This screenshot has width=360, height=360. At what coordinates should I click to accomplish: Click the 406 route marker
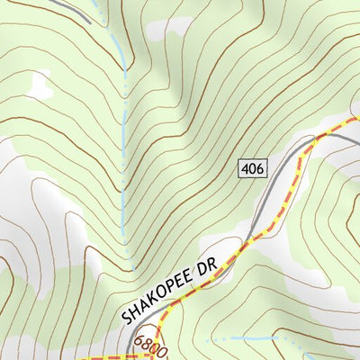point(252,167)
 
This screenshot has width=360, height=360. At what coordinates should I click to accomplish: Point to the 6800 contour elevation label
point(152,346)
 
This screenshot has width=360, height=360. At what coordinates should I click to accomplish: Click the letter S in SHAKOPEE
point(124,318)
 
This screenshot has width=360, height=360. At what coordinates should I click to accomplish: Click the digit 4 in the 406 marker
point(246,167)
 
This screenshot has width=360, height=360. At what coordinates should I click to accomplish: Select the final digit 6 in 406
point(258,167)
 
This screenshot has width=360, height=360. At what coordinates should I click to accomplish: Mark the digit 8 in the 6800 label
point(148,344)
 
